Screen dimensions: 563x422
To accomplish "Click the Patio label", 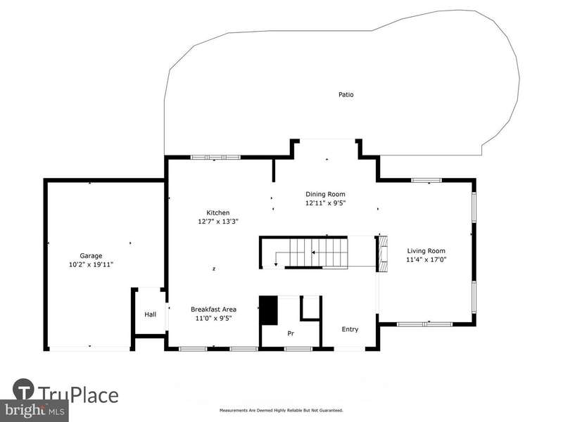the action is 346,95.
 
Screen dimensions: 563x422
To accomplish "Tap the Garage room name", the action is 91,256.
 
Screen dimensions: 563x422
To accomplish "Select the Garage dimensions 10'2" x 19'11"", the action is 91,265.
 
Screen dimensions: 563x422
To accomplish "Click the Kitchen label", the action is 218,213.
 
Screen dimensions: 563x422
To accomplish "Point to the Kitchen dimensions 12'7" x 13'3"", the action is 218,222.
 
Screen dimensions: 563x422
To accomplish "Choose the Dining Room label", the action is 325,194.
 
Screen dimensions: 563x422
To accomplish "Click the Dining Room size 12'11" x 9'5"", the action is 325,203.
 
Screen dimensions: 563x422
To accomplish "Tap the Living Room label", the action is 426,251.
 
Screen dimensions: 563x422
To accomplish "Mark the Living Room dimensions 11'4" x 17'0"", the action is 426,260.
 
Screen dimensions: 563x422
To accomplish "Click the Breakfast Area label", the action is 214,309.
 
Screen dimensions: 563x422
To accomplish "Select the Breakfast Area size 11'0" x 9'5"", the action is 214,319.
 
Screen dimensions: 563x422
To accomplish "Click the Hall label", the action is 151,314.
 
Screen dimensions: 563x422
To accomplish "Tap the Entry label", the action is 350,329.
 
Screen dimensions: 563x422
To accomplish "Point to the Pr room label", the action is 291,333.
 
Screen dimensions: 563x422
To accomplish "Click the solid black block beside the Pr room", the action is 269,310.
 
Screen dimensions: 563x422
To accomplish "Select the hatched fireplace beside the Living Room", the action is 384,254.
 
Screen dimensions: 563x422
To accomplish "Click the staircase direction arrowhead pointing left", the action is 313,252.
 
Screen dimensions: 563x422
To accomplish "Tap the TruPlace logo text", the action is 77,395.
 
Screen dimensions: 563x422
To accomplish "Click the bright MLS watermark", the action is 34,410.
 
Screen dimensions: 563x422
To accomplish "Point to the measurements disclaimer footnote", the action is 281,410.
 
